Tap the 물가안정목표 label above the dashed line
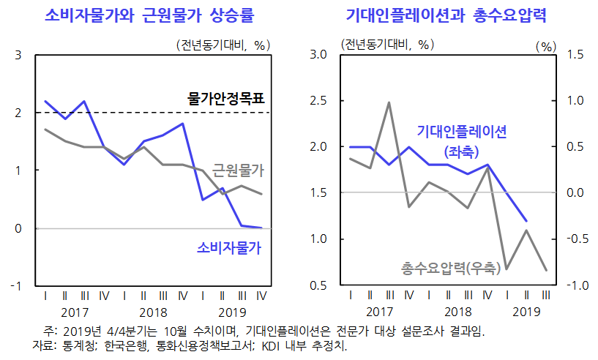point(225,97)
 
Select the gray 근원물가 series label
point(238,170)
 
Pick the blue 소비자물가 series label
point(229,247)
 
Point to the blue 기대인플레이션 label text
point(462,132)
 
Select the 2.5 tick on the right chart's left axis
point(318,101)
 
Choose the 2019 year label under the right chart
point(526,312)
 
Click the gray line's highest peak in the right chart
point(389,102)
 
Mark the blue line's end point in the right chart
point(526,220)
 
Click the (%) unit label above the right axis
point(546,46)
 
